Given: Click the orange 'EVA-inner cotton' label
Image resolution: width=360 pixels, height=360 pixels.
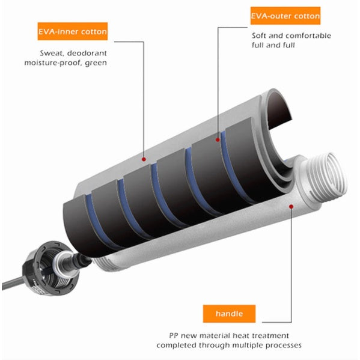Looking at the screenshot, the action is (x=73, y=31).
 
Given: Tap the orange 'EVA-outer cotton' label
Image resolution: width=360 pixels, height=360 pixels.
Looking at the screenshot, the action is (x=285, y=16).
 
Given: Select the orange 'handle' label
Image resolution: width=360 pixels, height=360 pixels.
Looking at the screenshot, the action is (x=229, y=314).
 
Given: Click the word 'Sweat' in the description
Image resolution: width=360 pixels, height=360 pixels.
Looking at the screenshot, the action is (x=51, y=53).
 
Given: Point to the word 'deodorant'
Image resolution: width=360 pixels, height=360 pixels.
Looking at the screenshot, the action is (x=87, y=53).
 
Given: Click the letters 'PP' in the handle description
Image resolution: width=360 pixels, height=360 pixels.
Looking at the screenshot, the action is (x=173, y=336).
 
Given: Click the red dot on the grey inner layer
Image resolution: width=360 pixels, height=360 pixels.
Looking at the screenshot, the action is (x=144, y=159).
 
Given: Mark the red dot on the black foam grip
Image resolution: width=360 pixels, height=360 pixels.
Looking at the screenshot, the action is (x=218, y=139).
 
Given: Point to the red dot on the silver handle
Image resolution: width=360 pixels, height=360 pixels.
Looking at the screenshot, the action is (x=291, y=207).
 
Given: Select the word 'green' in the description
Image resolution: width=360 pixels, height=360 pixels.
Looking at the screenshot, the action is (x=96, y=63).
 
